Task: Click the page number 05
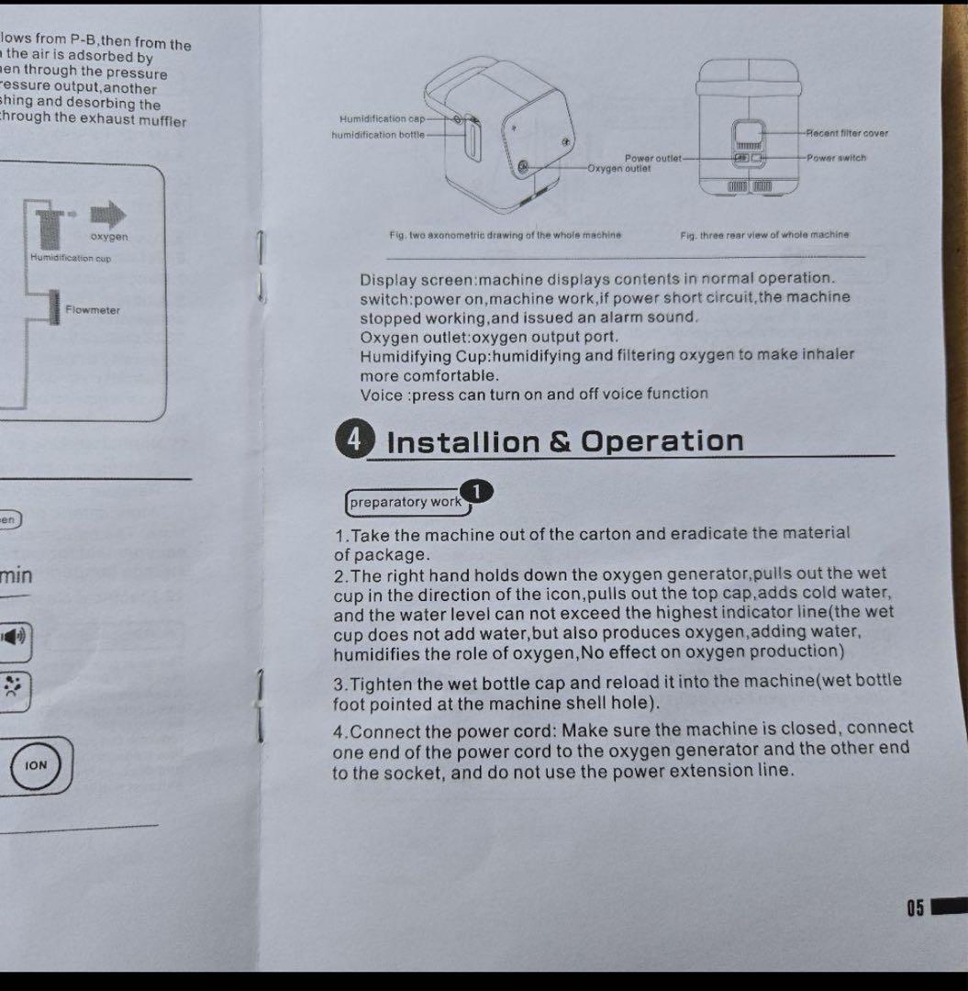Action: pos(915,908)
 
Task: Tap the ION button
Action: pos(36,765)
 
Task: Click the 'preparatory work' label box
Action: pos(406,502)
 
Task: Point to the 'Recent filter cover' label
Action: pos(847,133)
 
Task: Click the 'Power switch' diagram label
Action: pos(836,158)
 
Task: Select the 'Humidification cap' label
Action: pos(382,118)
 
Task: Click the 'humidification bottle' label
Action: pos(378,134)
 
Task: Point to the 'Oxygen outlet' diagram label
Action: pos(619,168)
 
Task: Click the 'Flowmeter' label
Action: pos(93,310)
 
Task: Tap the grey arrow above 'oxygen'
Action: pos(108,215)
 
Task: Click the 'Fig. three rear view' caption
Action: pos(764,235)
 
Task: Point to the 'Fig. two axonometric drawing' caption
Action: pos(505,235)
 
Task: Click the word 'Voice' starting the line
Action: pos(382,395)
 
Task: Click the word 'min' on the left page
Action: pos(17,576)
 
